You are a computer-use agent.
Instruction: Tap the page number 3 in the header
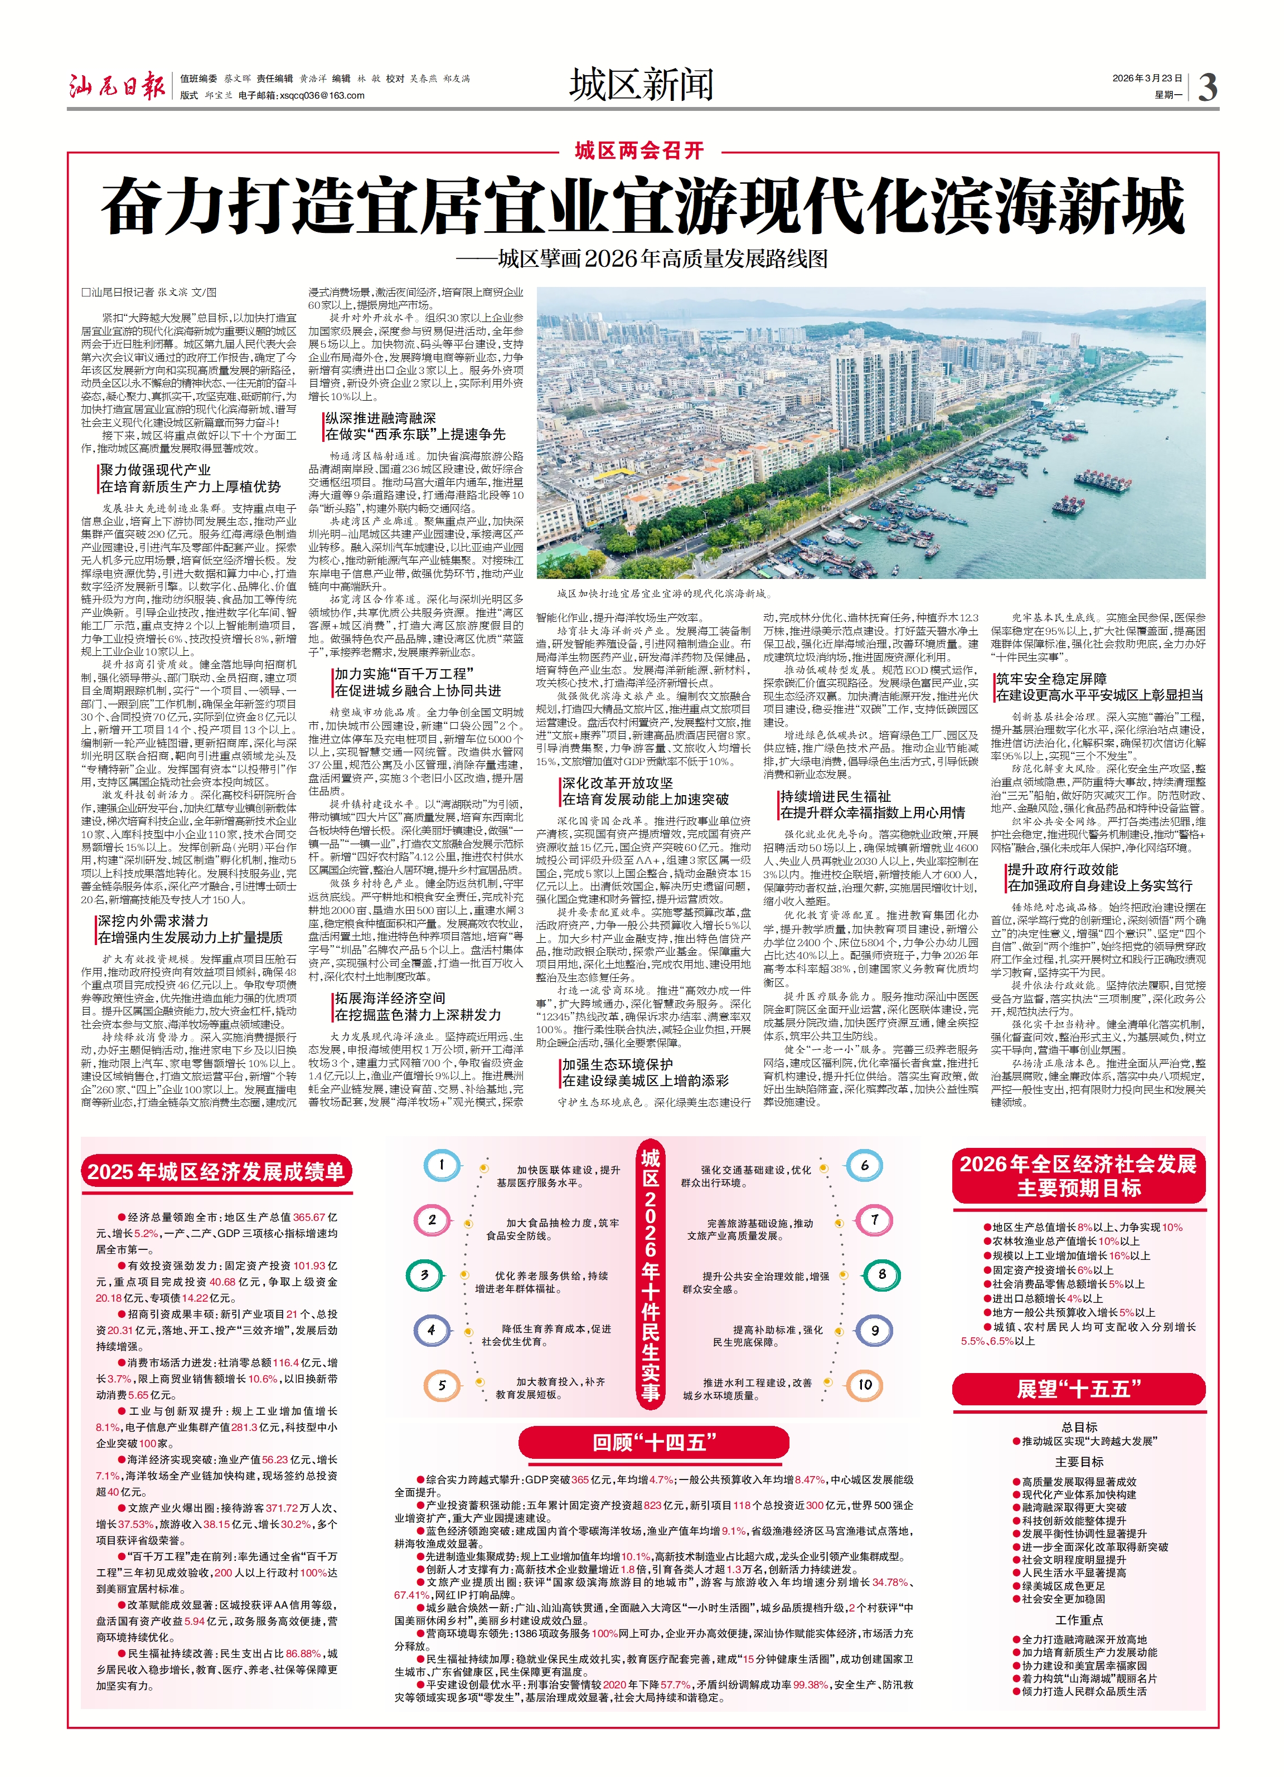coord(1207,87)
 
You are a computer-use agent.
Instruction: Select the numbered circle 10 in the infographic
coord(865,1385)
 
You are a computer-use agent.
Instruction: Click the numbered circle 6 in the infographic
coord(865,1165)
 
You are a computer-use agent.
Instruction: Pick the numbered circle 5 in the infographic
coord(442,1385)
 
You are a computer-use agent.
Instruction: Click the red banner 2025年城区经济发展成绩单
coord(216,1172)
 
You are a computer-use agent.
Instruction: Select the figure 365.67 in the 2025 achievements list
coord(309,1217)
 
